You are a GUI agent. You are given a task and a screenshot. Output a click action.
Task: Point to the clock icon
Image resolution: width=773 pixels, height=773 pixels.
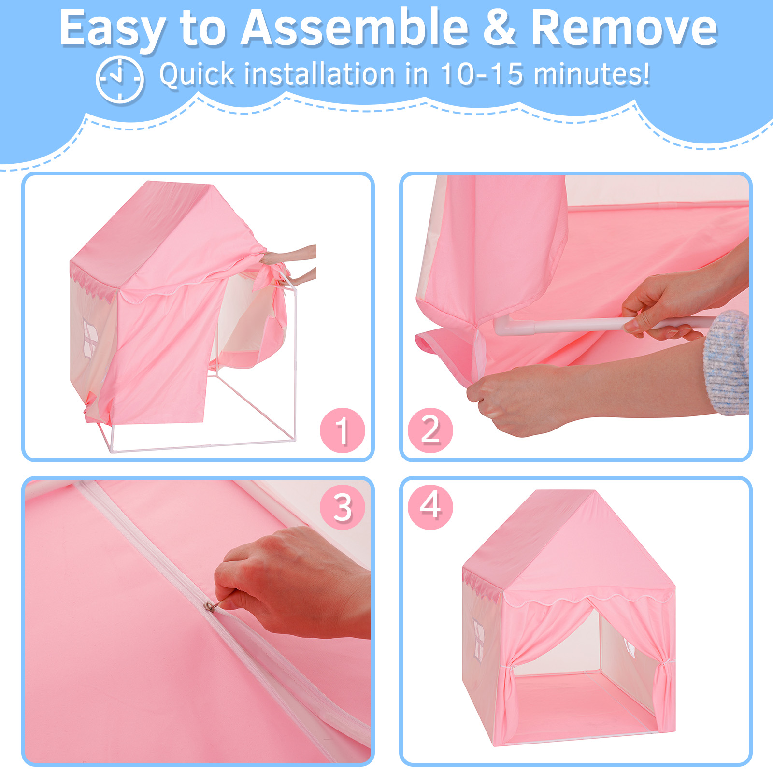[120, 79]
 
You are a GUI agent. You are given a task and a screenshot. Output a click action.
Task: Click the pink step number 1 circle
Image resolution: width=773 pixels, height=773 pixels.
[343, 430]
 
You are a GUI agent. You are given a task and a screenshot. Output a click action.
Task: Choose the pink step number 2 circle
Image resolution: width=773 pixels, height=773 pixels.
[430, 430]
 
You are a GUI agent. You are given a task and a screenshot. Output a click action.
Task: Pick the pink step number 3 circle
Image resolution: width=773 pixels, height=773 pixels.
[343, 507]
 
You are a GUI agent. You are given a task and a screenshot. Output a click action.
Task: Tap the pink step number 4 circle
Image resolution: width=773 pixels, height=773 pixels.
[430, 507]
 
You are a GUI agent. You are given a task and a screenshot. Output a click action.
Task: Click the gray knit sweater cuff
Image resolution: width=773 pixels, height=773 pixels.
[726, 362]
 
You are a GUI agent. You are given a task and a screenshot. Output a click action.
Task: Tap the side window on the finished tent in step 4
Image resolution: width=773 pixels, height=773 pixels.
[479, 638]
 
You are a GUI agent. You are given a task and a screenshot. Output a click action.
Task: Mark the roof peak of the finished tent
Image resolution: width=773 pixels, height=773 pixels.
[595, 491]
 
